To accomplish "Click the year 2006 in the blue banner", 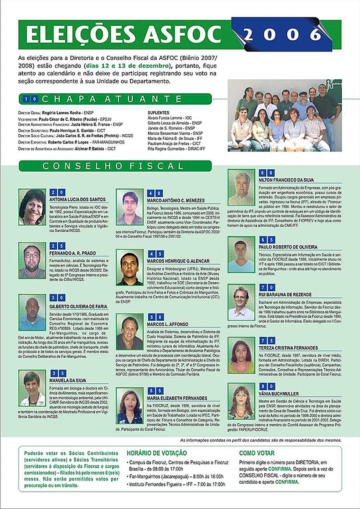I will [283, 35].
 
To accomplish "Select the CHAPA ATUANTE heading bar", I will [115, 99].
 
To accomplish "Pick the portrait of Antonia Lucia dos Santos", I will [32, 207].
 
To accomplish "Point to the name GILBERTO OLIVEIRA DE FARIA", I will [78, 306].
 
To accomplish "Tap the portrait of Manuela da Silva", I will [32, 388].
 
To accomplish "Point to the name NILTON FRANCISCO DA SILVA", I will [286, 180].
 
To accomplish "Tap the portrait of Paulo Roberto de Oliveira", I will [241, 254].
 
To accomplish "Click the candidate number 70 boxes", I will [266, 288].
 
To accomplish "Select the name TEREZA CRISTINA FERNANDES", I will [288, 348].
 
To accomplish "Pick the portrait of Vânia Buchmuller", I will [241, 401].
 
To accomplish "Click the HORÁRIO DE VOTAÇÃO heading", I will [156, 453].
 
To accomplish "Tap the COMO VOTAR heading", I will [256, 453].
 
